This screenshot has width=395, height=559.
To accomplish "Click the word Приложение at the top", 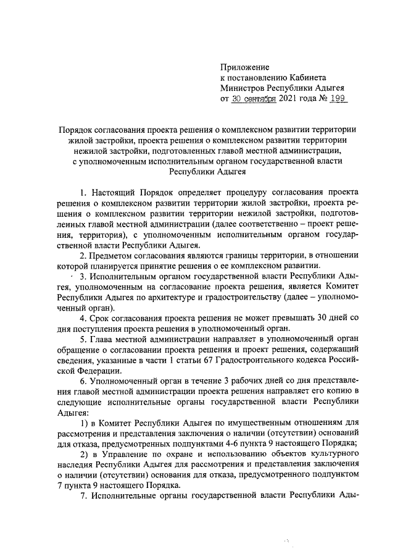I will pyautogui.click(x=245, y=67).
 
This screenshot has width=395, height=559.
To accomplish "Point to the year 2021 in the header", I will pyautogui.click(x=291, y=99).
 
